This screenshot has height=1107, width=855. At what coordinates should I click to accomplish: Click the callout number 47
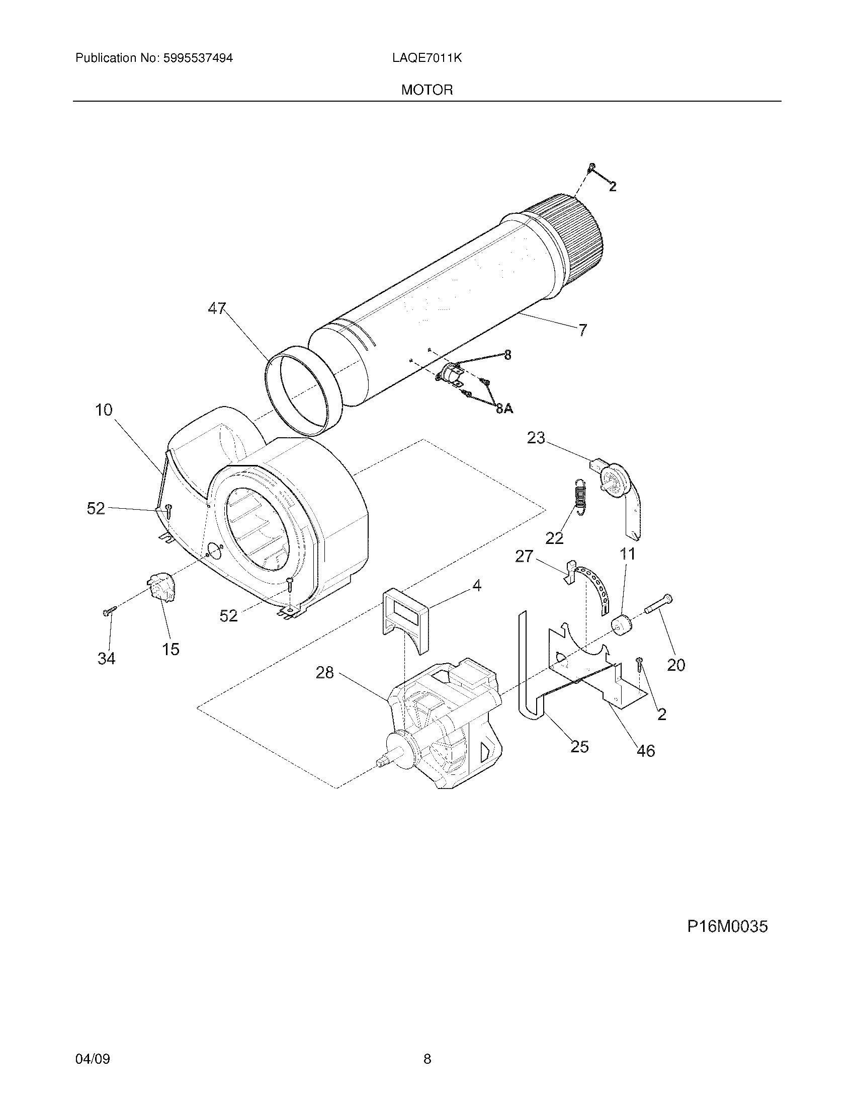[217, 308]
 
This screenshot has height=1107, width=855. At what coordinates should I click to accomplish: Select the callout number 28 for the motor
[325, 673]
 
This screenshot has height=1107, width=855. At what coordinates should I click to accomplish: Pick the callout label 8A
[504, 409]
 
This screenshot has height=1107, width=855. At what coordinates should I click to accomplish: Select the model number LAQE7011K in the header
[426, 58]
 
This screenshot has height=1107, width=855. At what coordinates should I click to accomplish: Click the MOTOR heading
[426, 90]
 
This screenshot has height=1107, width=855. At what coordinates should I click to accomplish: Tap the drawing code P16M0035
[727, 926]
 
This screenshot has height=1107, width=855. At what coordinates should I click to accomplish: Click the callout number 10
[104, 410]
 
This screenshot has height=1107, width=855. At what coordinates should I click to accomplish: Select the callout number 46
[645, 751]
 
